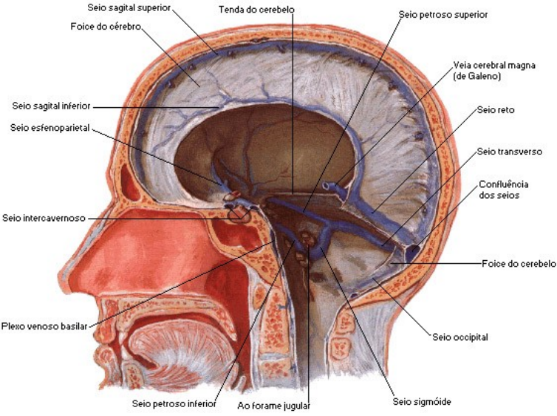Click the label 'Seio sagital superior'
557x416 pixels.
(129, 7)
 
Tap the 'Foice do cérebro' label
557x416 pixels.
(106, 27)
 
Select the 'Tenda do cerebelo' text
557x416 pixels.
(256, 10)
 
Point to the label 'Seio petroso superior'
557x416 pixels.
(443, 15)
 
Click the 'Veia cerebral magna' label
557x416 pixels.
(494, 65)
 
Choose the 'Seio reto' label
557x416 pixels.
(496, 110)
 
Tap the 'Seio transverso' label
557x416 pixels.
(510, 151)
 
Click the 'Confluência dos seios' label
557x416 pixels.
(503, 190)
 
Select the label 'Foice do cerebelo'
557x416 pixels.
(519, 264)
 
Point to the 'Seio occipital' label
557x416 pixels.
(459, 337)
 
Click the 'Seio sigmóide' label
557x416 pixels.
(422, 402)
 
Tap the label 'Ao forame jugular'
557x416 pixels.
(273, 406)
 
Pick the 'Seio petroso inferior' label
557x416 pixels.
(174, 403)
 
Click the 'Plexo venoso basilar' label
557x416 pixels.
(44, 326)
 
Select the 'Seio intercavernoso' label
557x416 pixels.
(44, 218)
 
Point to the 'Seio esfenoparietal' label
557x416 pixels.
(49, 128)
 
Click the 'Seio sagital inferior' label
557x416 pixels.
(51, 106)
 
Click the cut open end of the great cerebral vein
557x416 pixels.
(325, 185)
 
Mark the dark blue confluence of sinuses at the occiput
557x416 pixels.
(413, 251)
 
